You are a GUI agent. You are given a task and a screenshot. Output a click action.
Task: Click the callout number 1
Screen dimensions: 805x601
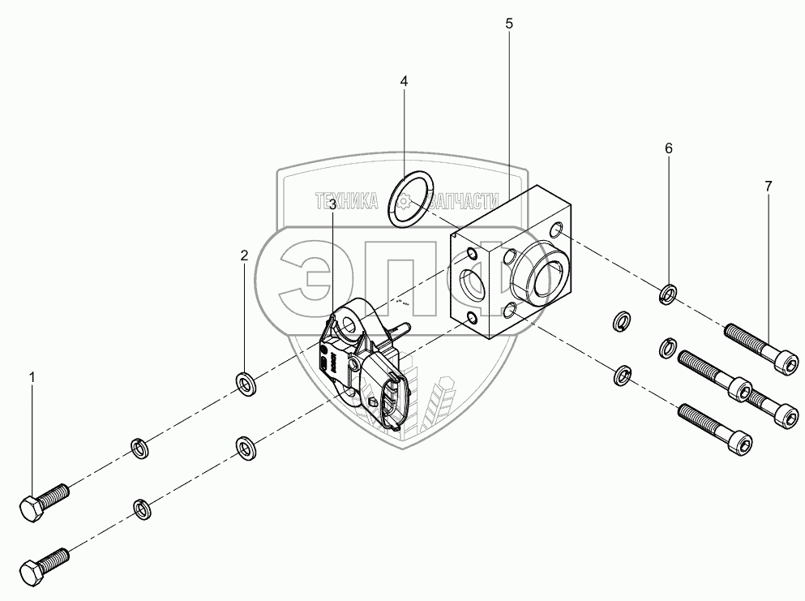pyautogui.click(x=32, y=377)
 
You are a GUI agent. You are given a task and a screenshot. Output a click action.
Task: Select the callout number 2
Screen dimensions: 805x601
pyautogui.click(x=244, y=255)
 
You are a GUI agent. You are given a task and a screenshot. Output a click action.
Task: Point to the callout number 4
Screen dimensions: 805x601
pyautogui.click(x=404, y=81)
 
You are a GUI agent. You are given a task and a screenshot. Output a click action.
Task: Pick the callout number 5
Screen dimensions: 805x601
pyautogui.click(x=509, y=24)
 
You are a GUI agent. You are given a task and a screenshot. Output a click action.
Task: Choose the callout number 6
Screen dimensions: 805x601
pyautogui.click(x=669, y=148)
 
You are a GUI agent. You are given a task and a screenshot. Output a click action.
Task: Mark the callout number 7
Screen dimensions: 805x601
pyautogui.click(x=768, y=186)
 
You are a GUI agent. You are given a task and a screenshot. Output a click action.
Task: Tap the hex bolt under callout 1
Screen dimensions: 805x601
pyautogui.click(x=44, y=500)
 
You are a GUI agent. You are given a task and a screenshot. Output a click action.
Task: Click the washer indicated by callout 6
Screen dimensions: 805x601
pyautogui.click(x=669, y=292)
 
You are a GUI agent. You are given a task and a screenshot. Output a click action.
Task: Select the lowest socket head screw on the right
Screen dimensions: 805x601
pyautogui.click(x=713, y=430)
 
